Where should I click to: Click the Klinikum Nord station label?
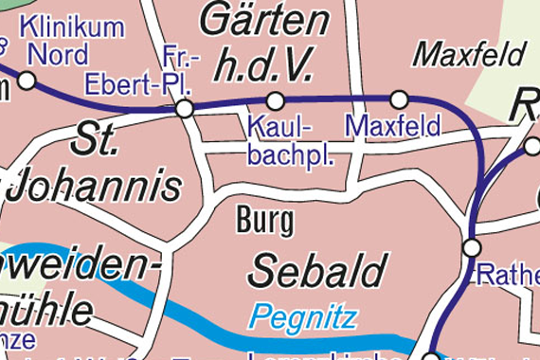click(71, 39)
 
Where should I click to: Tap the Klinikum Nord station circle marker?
click(27, 81)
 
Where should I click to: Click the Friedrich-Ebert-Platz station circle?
click(184, 109)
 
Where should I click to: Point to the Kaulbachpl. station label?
click(290, 139)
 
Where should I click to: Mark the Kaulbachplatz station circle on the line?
click(275, 100)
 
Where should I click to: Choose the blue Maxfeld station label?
click(393, 125)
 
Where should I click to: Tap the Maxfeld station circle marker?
click(399, 99)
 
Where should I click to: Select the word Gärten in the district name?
click(266, 19)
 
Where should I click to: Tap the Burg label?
click(264, 222)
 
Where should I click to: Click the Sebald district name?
click(317, 271)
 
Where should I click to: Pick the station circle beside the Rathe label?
click(471, 248)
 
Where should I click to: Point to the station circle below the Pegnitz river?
click(430, 356)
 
